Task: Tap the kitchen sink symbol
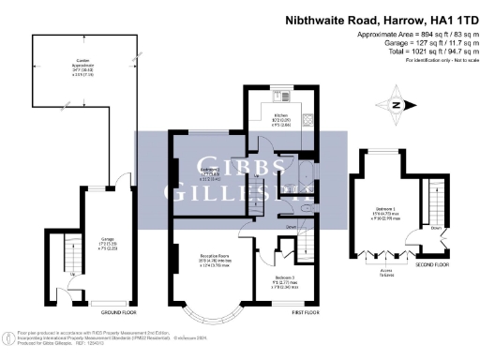(x=278, y=96)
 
